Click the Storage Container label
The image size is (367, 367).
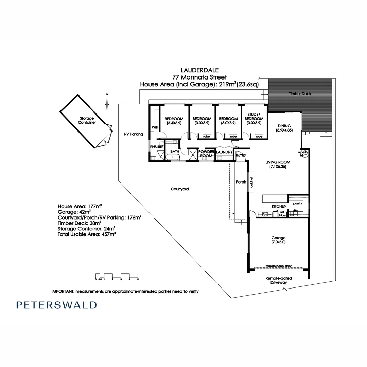point(87,120)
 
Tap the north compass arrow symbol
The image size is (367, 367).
point(107,103)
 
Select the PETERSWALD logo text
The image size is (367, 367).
point(56,305)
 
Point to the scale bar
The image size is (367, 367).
point(117,276)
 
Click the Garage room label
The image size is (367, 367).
point(278,240)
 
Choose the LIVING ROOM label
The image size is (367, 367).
point(278,164)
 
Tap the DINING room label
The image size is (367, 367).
point(284,128)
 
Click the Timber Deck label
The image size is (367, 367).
point(300,94)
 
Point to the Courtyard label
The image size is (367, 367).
point(180,189)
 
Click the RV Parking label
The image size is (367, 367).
point(134,134)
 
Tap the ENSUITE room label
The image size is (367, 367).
point(157,147)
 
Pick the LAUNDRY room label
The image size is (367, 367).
point(224,152)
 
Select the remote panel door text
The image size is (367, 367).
point(279,266)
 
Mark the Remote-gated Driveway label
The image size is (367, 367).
point(279,280)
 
